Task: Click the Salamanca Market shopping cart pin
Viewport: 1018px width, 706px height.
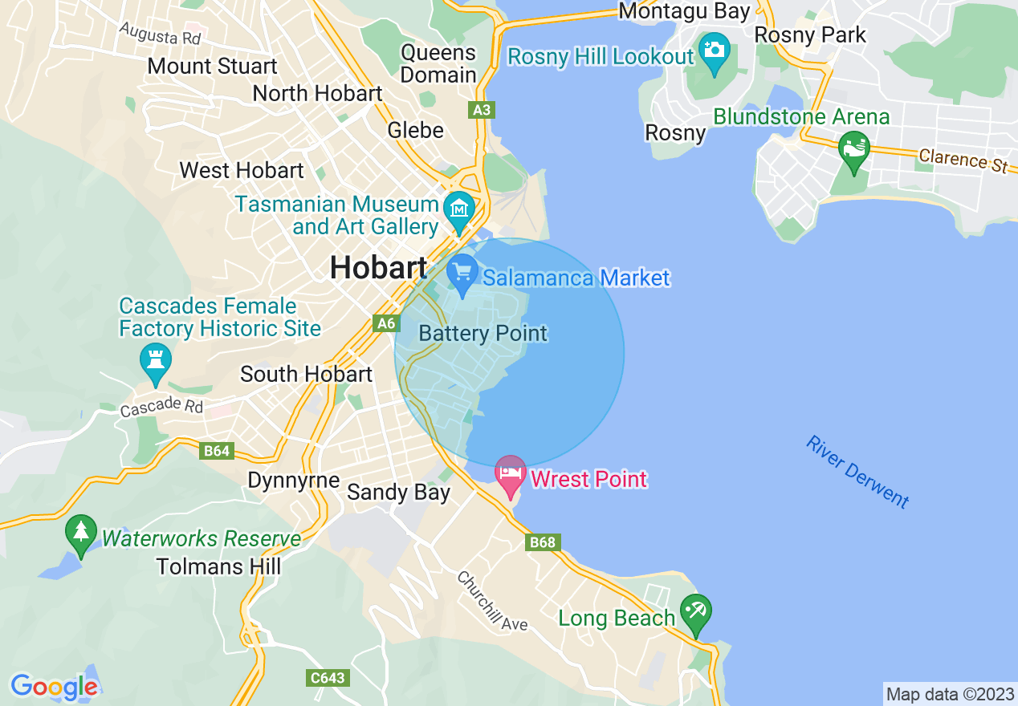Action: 462,273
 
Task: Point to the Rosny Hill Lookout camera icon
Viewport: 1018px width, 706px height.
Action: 713,51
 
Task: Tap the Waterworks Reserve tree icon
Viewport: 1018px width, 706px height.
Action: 80,534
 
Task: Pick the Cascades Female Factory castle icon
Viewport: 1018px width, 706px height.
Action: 156,361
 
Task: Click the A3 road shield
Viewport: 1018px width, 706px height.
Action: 481,109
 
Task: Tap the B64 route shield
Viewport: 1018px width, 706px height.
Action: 217,451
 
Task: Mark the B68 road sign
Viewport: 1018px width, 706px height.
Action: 542,543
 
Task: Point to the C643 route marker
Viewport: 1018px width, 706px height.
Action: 328,678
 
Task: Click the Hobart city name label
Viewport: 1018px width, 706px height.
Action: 378,268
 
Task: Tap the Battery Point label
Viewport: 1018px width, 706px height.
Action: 483,333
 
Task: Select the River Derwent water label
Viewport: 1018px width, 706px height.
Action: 858,473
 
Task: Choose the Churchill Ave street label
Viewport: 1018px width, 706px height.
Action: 492,600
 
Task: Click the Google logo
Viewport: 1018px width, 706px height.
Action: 54,687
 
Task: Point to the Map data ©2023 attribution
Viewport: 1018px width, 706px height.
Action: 949,694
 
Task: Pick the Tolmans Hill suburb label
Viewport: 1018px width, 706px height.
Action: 219,566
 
